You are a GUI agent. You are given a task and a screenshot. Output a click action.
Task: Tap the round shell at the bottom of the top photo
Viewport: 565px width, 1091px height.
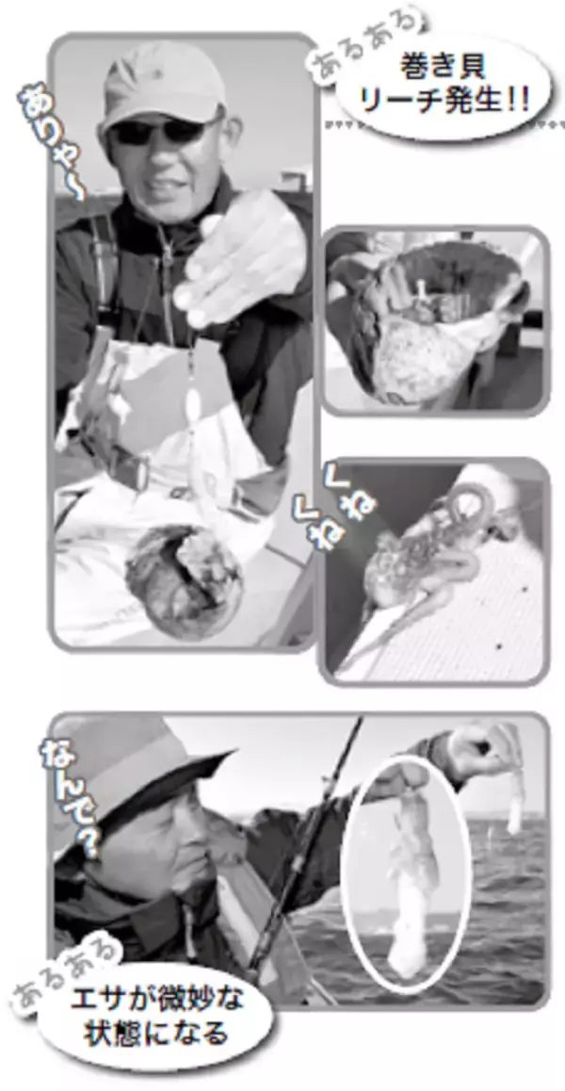tap(183, 581)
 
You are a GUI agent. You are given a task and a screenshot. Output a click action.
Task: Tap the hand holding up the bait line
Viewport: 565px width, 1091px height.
tap(480, 753)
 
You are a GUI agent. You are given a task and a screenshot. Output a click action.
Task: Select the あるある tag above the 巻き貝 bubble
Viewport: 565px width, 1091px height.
tap(366, 49)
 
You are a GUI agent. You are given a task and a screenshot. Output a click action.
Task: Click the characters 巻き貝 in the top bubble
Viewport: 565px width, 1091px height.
tap(443, 67)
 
